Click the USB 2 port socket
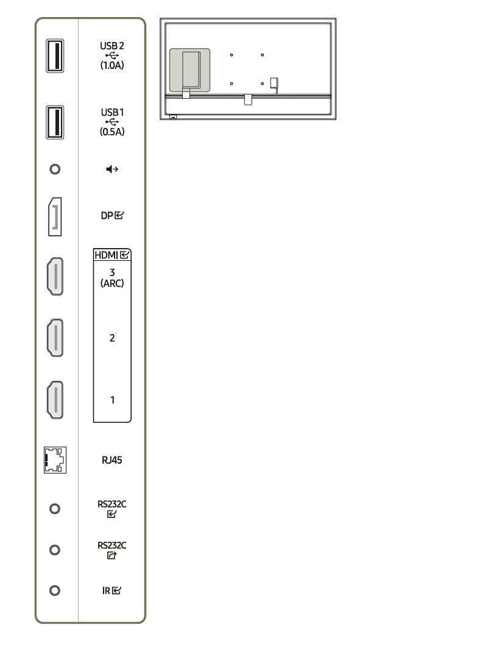coord(55,55)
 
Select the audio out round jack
coord(55,169)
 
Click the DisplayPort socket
coord(55,216)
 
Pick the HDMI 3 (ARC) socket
coord(55,277)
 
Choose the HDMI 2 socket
coord(55,338)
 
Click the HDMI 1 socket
coord(55,400)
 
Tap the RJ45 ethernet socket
coord(55,459)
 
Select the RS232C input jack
coord(55,508)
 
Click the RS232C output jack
coord(55,550)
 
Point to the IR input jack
coord(55,590)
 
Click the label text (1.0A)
coord(112,65)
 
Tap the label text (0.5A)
coord(112,132)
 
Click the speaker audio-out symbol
coord(112,169)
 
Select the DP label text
coord(107,216)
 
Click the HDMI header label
coord(107,255)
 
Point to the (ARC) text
coord(112,283)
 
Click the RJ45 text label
coord(112,460)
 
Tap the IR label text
coord(107,590)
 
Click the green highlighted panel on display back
coord(189,70)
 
